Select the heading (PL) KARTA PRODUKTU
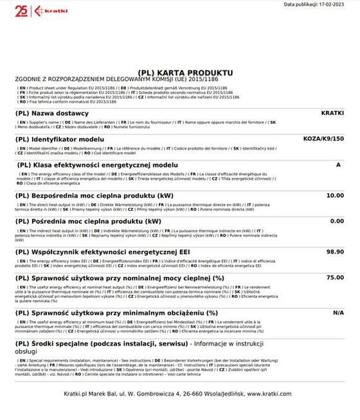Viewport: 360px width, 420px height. [x=185, y=73]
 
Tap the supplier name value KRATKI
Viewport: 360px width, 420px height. [x=332, y=112]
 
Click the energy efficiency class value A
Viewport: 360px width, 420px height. [x=338, y=164]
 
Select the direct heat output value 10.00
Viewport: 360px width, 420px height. [x=335, y=195]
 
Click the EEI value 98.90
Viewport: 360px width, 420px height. [x=335, y=251]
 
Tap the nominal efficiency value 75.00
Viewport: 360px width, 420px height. [x=335, y=277]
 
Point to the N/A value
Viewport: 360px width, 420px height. [x=338, y=312]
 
